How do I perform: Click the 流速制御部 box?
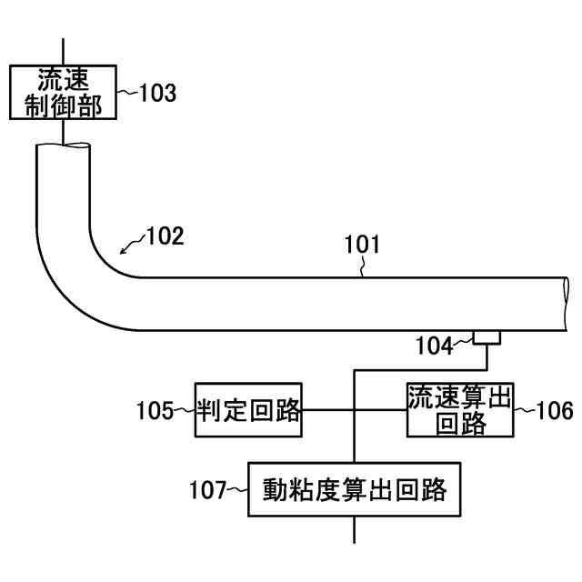click(x=63, y=92)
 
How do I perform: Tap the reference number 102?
click(x=165, y=236)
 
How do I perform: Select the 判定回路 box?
click(x=248, y=410)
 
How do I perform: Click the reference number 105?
click(x=154, y=411)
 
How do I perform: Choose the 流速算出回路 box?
click(x=459, y=410)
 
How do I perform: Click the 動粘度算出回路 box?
click(x=355, y=490)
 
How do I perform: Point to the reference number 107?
click(x=206, y=491)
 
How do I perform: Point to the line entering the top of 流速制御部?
click(x=64, y=51)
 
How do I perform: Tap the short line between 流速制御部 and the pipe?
click(x=64, y=132)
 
